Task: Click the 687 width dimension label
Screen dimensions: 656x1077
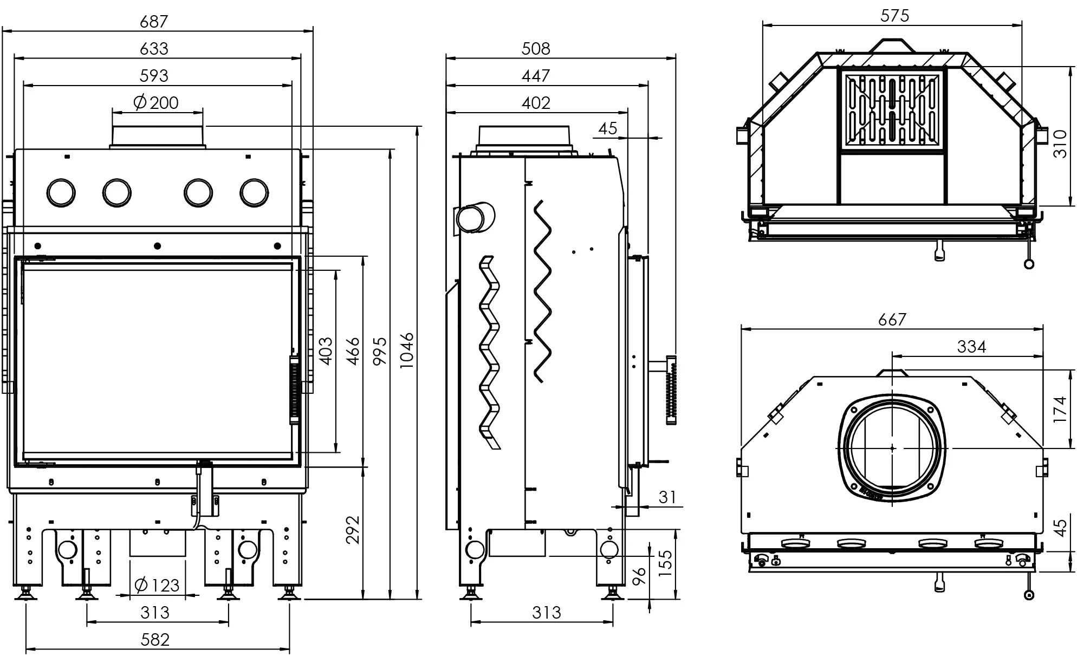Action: [x=154, y=22]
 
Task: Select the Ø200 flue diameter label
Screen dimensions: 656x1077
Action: [x=156, y=102]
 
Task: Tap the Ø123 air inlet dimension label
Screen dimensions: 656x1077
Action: [x=157, y=585]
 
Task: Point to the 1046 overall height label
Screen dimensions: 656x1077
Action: [x=407, y=351]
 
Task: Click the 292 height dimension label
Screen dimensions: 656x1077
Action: [x=353, y=530]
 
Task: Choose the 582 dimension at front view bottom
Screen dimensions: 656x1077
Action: [x=155, y=640]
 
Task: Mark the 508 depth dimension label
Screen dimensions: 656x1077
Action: [x=536, y=49]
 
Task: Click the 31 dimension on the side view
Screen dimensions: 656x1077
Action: [x=667, y=497]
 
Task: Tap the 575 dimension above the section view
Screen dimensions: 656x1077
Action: [x=894, y=16]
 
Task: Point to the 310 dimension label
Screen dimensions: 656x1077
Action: [x=1060, y=143]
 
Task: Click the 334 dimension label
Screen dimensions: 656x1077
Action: [x=971, y=346]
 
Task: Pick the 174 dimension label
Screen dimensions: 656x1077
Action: [x=1060, y=410]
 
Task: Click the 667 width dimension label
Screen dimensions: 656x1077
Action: [x=892, y=320]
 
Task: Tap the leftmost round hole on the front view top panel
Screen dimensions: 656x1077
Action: [x=61, y=192]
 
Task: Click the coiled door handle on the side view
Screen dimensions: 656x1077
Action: [x=671, y=390]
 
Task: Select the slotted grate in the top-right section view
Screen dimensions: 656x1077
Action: [x=892, y=110]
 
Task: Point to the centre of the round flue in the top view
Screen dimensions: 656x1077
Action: [x=892, y=448]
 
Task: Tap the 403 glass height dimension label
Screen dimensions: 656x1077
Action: [x=326, y=350]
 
